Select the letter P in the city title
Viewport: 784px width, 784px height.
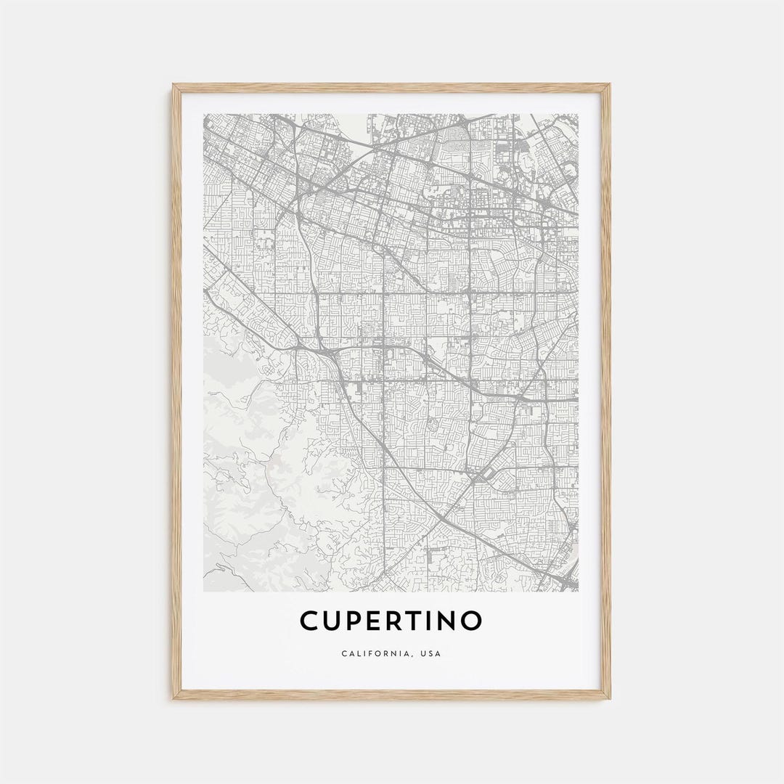point(356,621)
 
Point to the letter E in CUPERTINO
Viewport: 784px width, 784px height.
point(377,621)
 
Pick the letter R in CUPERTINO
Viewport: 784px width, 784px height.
point(398,621)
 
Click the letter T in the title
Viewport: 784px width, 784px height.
point(419,621)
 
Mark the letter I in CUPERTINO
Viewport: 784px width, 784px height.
point(434,621)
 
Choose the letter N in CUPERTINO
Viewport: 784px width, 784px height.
point(449,621)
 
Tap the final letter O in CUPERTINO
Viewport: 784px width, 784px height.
point(473,621)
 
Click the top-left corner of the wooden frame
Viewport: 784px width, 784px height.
point(173,85)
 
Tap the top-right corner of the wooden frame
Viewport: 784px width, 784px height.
point(610,85)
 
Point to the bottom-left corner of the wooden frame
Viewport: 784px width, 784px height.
point(173,698)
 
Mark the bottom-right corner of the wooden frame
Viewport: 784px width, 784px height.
point(610,698)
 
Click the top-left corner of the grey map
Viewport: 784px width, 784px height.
point(204,114)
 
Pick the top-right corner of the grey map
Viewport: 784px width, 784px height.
point(579,114)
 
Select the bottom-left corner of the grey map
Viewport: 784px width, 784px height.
point(204,591)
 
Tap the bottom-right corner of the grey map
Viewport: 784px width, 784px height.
point(579,591)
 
